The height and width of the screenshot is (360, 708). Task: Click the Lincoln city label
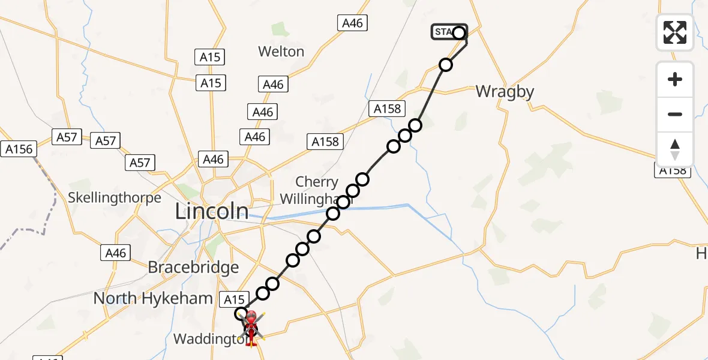tap(212, 211)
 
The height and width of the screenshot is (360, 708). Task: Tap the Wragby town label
tap(505, 92)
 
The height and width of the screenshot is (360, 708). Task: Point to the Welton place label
tap(281, 52)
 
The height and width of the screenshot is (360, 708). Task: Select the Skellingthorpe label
tap(115, 197)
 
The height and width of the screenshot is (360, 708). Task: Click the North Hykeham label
tap(153, 298)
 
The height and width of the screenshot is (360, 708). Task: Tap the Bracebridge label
tap(193, 267)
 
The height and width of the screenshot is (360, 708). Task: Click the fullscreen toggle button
tap(675, 32)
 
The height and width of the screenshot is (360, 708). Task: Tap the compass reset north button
tap(675, 149)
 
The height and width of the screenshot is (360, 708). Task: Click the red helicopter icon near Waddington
tap(251, 327)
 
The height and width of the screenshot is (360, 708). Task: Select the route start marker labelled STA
tap(449, 32)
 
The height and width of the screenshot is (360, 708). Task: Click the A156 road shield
tap(19, 149)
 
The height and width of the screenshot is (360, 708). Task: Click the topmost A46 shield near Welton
tap(352, 23)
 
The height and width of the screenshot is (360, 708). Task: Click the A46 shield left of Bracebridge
tap(115, 253)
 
